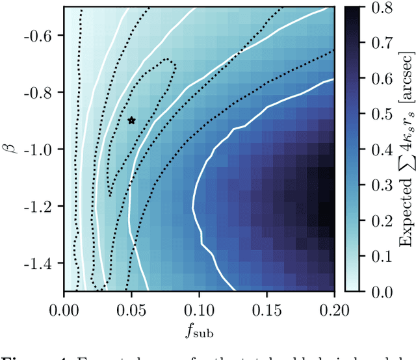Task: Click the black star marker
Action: [x=131, y=120]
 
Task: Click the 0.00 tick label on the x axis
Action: [x=64, y=304]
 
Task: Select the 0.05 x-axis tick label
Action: [x=131, y=304]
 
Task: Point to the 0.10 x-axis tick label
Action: [x=199, y=304]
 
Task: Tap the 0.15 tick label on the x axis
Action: [x=266, y=304]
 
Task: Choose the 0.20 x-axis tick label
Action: [x=333, y=304]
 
